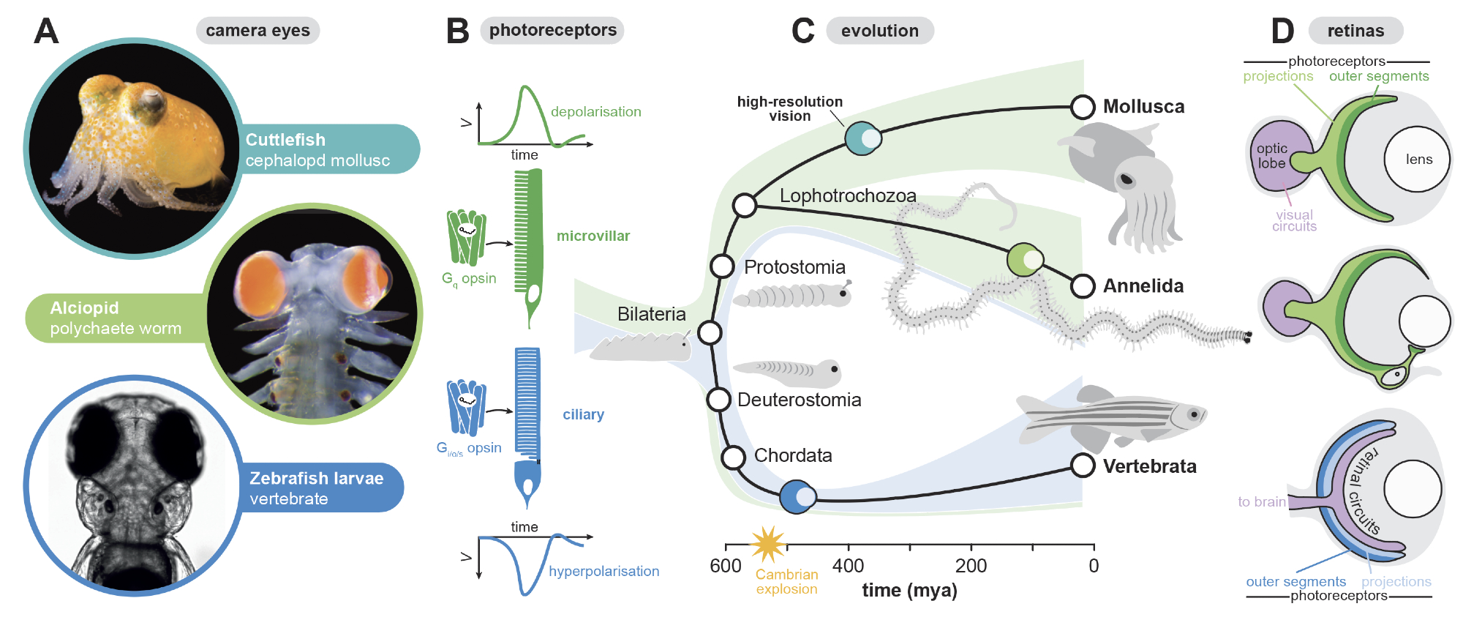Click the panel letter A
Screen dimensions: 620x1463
46,31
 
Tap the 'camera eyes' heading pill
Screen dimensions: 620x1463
257,31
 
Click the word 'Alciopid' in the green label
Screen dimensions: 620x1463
84,308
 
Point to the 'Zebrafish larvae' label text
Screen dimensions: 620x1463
316,478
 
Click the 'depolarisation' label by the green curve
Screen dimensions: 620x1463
595,112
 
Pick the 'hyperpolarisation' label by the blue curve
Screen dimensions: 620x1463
603,572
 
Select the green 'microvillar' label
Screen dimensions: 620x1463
593,236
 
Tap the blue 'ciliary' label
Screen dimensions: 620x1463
583,414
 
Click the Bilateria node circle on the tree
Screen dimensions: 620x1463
710,332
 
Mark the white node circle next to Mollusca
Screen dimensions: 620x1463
1083,107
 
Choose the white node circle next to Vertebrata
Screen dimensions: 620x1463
1083,466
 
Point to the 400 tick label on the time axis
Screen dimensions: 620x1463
848,566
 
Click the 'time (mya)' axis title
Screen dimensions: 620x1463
909,590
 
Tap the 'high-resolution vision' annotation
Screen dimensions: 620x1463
789,108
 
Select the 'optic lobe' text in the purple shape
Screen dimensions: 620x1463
1271,156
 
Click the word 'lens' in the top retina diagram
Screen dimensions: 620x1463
1418,160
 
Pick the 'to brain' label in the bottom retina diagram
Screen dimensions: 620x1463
1261,501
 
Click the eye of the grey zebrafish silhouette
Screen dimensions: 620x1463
1194,415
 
